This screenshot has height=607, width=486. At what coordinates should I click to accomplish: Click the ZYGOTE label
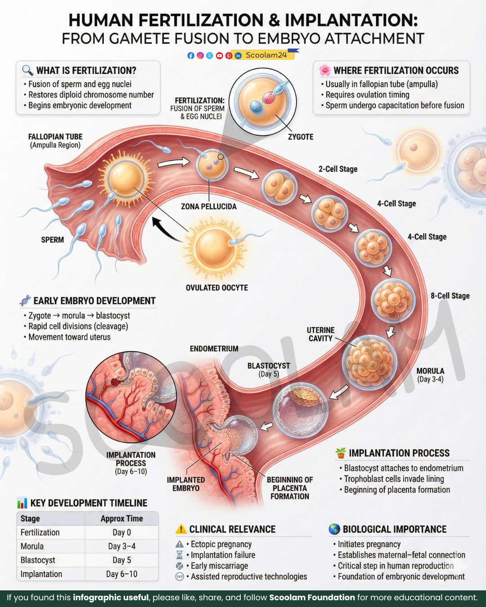click(301, 137)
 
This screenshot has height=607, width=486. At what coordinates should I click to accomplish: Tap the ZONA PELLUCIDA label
click(209, 206)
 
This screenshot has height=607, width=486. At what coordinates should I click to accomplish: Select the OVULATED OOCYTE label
click(216, 288)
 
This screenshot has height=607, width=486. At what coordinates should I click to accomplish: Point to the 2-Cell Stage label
click(338, 169)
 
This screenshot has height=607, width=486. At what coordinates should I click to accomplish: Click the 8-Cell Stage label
click(450, 295)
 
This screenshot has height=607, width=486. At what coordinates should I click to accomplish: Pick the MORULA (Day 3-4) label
click(430, 375)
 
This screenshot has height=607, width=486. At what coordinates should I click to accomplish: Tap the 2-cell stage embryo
click(279, 187)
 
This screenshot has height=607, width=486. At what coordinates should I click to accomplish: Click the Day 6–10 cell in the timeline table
click(121, 574)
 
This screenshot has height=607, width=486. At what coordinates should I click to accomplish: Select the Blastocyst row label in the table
click(37, 560)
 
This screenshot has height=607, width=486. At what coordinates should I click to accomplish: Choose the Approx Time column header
click(121, 518)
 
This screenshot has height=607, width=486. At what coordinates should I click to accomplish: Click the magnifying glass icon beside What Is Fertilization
click(27, 70)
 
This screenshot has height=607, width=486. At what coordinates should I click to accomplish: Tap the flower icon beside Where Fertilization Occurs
click(325, 70)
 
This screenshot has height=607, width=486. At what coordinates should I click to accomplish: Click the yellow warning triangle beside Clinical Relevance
click(181, 529)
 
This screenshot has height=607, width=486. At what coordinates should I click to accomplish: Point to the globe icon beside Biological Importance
click(334, 529)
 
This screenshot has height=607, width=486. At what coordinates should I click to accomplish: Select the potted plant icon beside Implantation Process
click(341, 453)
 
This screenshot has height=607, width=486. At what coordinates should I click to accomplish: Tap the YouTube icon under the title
click(219, 56)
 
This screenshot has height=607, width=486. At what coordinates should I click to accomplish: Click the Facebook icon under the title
click(191, 56)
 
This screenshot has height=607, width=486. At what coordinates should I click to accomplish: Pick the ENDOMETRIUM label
click(214, 348)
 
